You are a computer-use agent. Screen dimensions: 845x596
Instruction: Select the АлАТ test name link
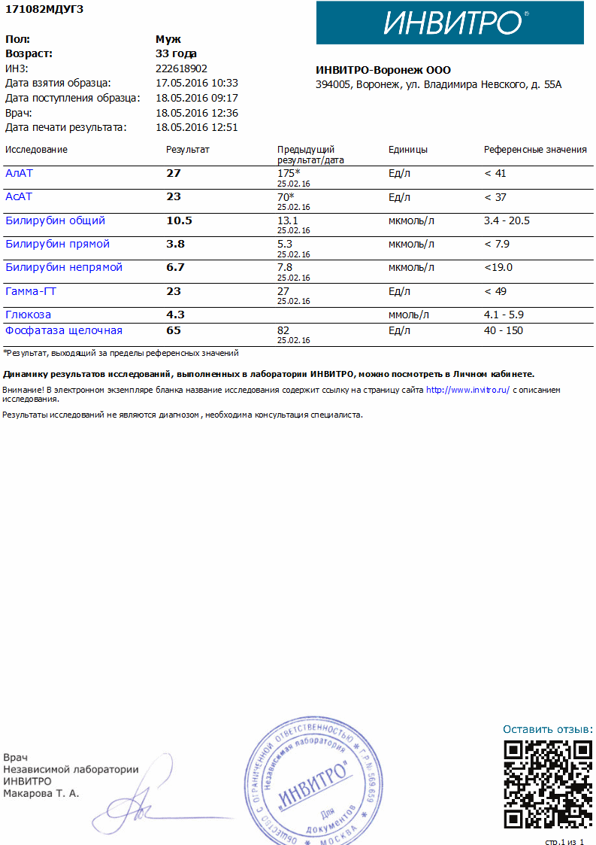[x=20, y=173]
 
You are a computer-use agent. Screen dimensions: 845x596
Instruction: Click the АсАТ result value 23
[x=174, y=197]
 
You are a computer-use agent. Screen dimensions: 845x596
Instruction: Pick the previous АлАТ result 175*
[x=289, y=173]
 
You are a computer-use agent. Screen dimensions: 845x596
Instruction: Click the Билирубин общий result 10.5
[x=179, y=221]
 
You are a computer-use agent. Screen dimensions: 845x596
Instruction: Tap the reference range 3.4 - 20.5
[x=507, y=221]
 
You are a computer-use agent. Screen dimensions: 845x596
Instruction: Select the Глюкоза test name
[x=29, y=315]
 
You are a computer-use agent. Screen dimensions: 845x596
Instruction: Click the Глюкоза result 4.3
[x=175, y=315]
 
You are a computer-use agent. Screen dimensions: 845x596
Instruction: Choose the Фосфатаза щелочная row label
[x=64, y=331]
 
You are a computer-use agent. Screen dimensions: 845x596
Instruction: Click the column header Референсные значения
[x=535, y=150]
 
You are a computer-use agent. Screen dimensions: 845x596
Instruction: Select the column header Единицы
[x=408, y=150]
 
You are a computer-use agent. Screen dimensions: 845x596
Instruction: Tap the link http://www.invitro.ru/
[x=467, y=391]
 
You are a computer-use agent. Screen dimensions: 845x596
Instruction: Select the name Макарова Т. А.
[x=41, y=793]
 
